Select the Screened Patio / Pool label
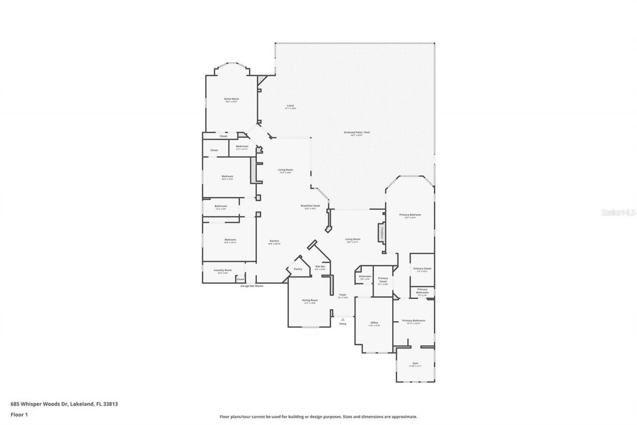[x=356, y=133]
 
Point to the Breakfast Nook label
[x=310, y=206]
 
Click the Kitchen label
[x=274, y=241]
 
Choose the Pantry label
[x=298, y=269]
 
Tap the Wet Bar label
[x=320, y=267]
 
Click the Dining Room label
[x=310, y=300]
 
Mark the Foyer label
[x=343, y=295]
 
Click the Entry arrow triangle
[x=342, y=319]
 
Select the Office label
[x=374, y=323]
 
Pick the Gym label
[x=416, y=364]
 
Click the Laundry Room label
[x=222, y=270]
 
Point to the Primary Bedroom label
[x=410, y=215]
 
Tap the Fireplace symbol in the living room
[x=382, y=232]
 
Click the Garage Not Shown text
[x=252, y=286]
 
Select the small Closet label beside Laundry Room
[x=240, y=279]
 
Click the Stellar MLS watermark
[x=619, y=212]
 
